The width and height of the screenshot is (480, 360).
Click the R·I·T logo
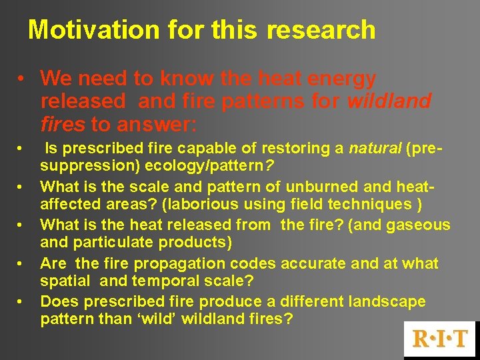pyautogui.click(x=441, y=339)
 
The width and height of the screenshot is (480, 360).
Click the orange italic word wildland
pyautogui.click(x=389, y=101)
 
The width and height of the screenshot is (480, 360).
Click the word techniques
pyautogui.click(x=378, y=204)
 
